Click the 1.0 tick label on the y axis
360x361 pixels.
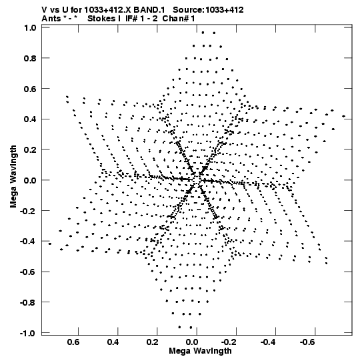click(x=30, y=28)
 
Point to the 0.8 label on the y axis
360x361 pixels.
click(x=30, y=58)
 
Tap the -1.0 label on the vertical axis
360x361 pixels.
click(x=28, y=333)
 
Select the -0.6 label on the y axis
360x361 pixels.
click(x=28, y=272)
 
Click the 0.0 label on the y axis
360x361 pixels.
click(x=30, y=180)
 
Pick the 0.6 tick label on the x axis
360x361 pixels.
click(x=73, y=342)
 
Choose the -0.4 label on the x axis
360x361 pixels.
click(x=269, y=342)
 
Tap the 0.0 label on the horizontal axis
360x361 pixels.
click(x=191, y=342)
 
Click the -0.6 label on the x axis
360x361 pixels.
click(x=308, y=342)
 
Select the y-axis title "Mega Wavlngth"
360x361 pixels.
click(x=13, y=177)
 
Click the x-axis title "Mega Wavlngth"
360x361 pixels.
click(x=200, y=351)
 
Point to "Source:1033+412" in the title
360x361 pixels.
click(x=208, y=10)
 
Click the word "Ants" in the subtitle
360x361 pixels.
click(x=51, y=19)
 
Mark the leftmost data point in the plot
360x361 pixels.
click(x=50, y=244)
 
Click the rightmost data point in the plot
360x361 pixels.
click(x=344, y=116)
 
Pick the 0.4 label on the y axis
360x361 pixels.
click(x=30, y=119)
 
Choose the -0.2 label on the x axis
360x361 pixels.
click(x=229, y=342)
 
